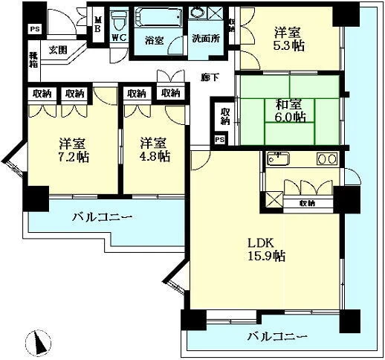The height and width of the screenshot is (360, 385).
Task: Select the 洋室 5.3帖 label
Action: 287,39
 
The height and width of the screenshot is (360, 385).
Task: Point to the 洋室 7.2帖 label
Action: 71,149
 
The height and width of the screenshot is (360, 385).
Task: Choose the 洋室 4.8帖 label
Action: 154,149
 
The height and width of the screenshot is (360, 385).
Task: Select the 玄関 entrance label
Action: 58,51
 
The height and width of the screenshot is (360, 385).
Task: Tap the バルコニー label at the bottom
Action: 276,337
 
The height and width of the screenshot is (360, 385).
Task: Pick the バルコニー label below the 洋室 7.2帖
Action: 103,218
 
